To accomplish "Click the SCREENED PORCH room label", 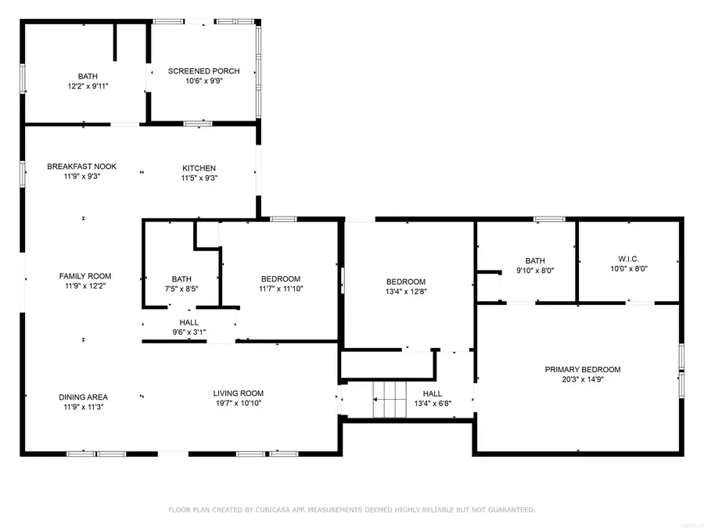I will [x=203, y=71].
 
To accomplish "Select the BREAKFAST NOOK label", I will [x=82, y=167].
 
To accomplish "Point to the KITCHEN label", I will [x=199, y=168].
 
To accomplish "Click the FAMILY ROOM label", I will [x=85, y=276].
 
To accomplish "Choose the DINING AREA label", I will [x=82, y=397].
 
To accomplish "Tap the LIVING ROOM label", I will [x=239, y=393].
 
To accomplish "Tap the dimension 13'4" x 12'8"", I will [x=406, y=292].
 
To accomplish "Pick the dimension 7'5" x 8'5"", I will [x=181, y=289].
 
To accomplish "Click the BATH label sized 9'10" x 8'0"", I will [x=535, y=261].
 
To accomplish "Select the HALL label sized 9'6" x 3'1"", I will [x=189, y=322].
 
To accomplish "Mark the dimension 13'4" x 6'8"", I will [x=433, y=404].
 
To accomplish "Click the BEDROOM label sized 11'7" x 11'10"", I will [x=281, y=278].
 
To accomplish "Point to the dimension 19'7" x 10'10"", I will [x=239, y=404].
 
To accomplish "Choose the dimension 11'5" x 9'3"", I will [x=199, y=178].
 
